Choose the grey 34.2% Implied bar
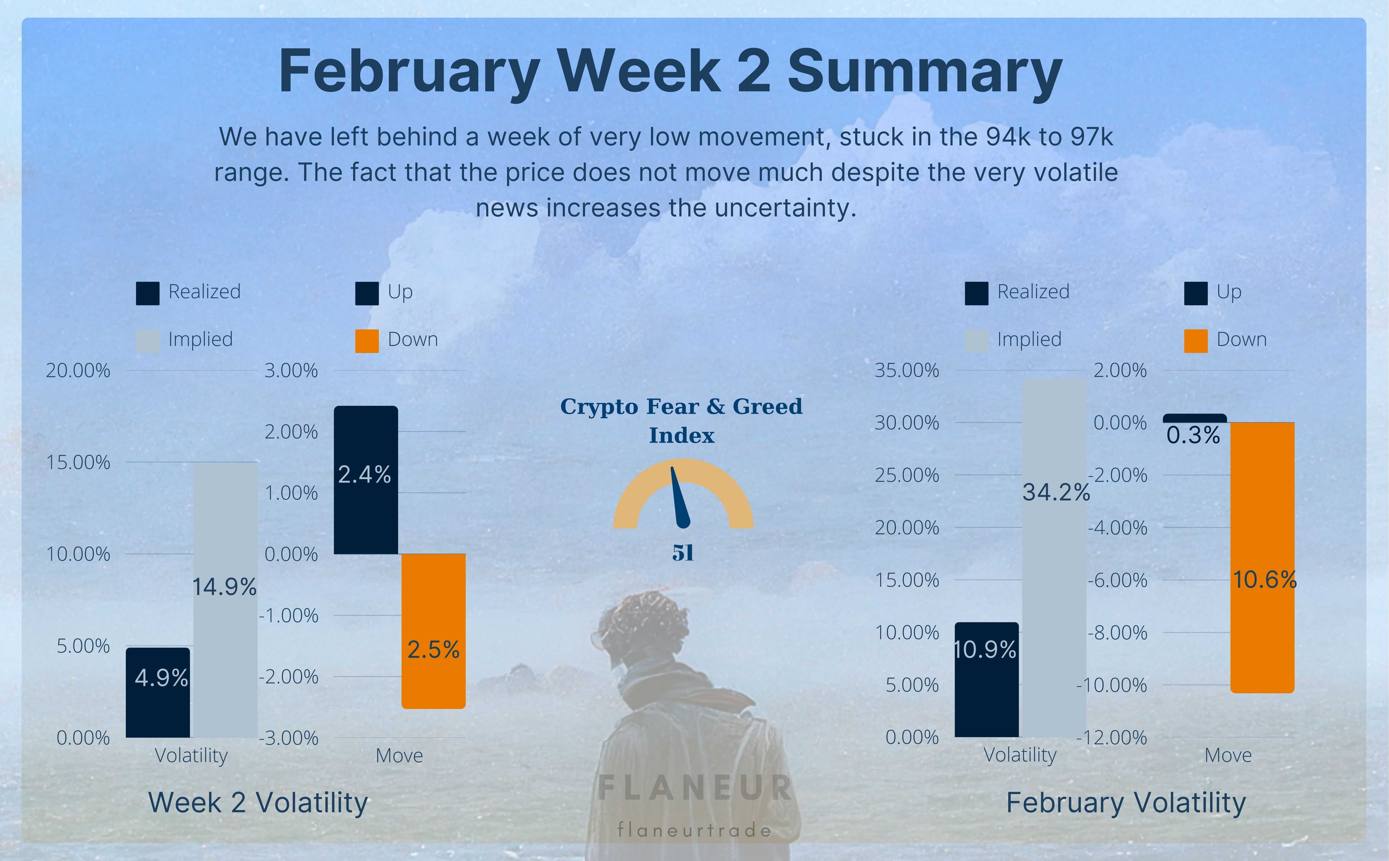[1054, 558]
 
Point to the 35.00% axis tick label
[907, 371]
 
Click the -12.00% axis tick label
[1112, 737]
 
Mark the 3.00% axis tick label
[291, 371]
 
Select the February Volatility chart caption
[1126, 803]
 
